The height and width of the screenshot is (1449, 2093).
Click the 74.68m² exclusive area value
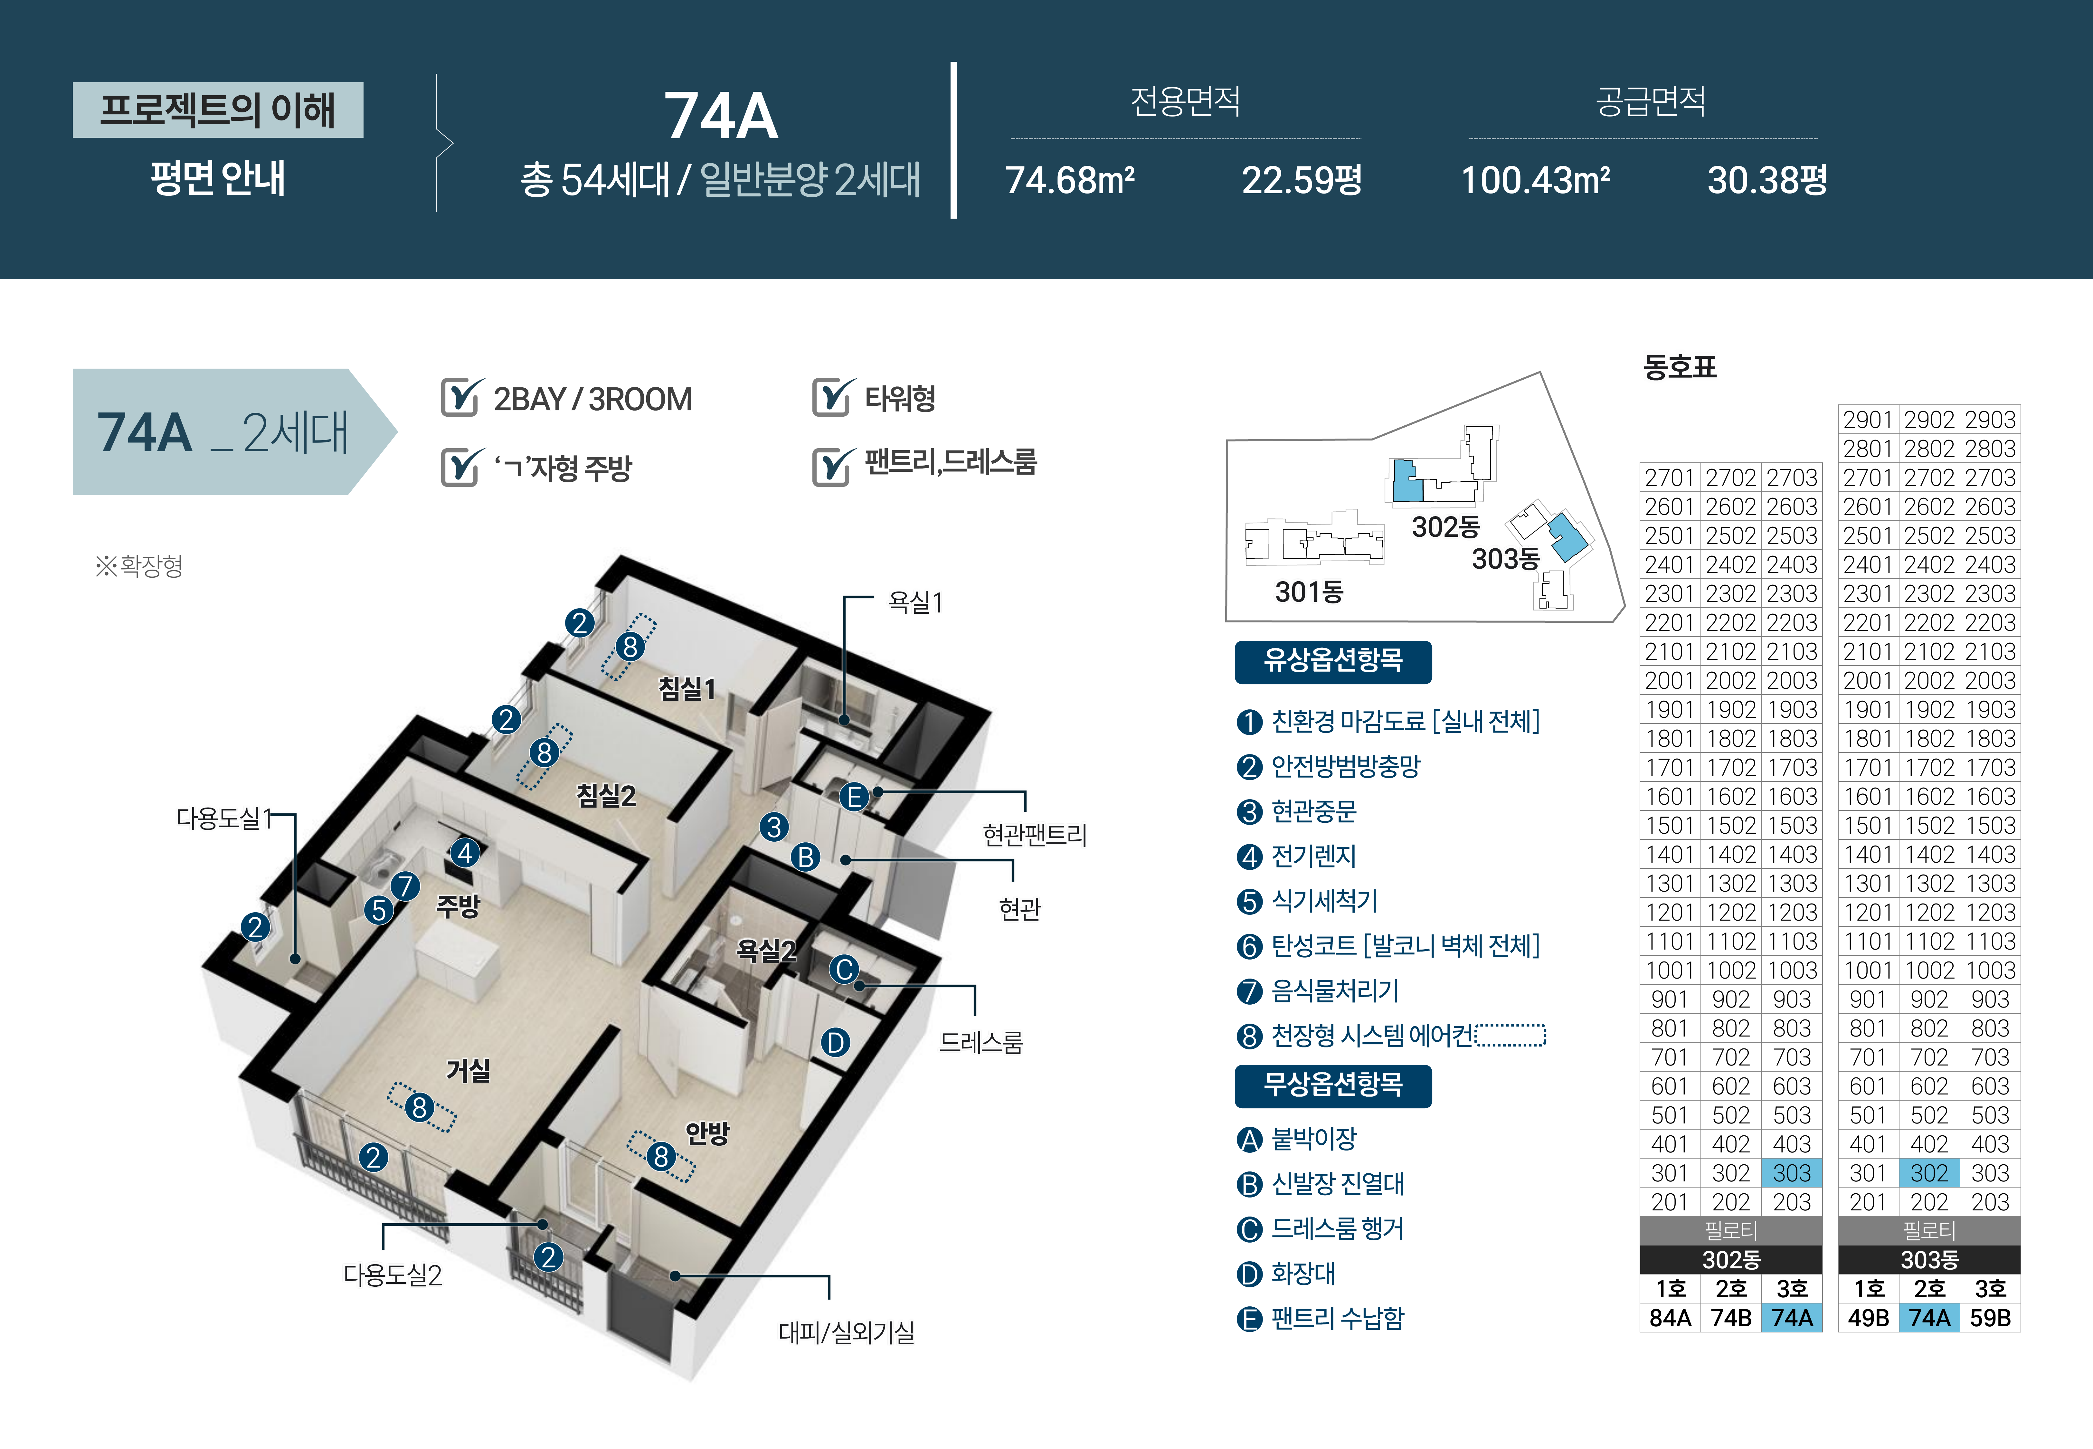click(x=1069, y=180)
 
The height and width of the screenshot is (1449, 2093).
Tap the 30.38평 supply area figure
click(x=1766, y=180)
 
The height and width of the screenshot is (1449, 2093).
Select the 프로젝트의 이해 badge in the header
click(x=218, y=110)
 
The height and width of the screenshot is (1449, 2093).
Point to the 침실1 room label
click(x=687, y=689)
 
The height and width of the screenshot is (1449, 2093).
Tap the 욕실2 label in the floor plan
click(x=765, y=951)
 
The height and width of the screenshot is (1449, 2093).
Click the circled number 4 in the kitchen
click(x=465, y=853)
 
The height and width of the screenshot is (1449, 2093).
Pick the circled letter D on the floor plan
click(x=835, y=1042)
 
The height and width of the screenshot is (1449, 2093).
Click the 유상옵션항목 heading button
click(x=1332, y=661)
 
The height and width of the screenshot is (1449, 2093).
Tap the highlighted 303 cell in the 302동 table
click(x=1792, y=1173)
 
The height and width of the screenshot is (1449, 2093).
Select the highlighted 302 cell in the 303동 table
click(x=1929, y=1173)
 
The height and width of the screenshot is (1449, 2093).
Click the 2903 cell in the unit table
click(x=1990, y=420)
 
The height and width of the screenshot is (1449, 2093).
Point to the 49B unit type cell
click(x=1868, y=1317)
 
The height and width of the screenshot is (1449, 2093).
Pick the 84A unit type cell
click(x=1670, y=1317)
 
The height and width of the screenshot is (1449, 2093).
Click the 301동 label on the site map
click(x=1309, y=592)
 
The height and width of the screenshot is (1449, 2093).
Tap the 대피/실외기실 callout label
click(x=846, y=1332)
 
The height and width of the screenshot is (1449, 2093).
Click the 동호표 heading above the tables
click(x=1679, y=367)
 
